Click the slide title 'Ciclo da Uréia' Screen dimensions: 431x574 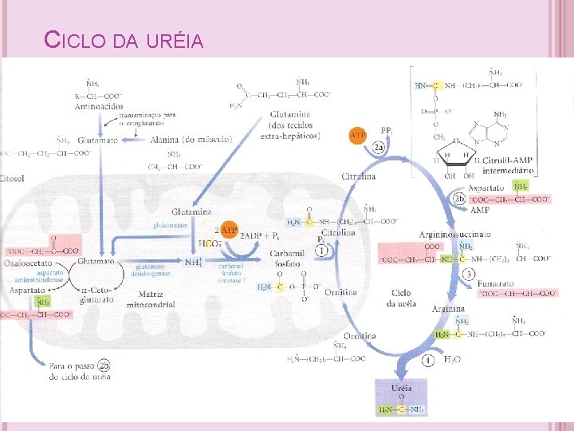124,40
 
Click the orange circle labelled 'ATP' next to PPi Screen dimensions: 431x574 359,136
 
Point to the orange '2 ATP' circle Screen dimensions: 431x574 229,231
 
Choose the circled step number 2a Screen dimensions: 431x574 381,148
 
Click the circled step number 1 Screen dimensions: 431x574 322,251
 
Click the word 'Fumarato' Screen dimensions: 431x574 496,283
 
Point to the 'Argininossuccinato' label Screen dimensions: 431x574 454,234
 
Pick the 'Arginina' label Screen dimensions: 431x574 448,308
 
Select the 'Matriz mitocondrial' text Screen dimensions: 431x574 145,299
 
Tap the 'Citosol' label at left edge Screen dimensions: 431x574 14,177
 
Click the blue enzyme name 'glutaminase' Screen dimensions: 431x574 171,225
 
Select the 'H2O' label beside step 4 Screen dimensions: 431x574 452,360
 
